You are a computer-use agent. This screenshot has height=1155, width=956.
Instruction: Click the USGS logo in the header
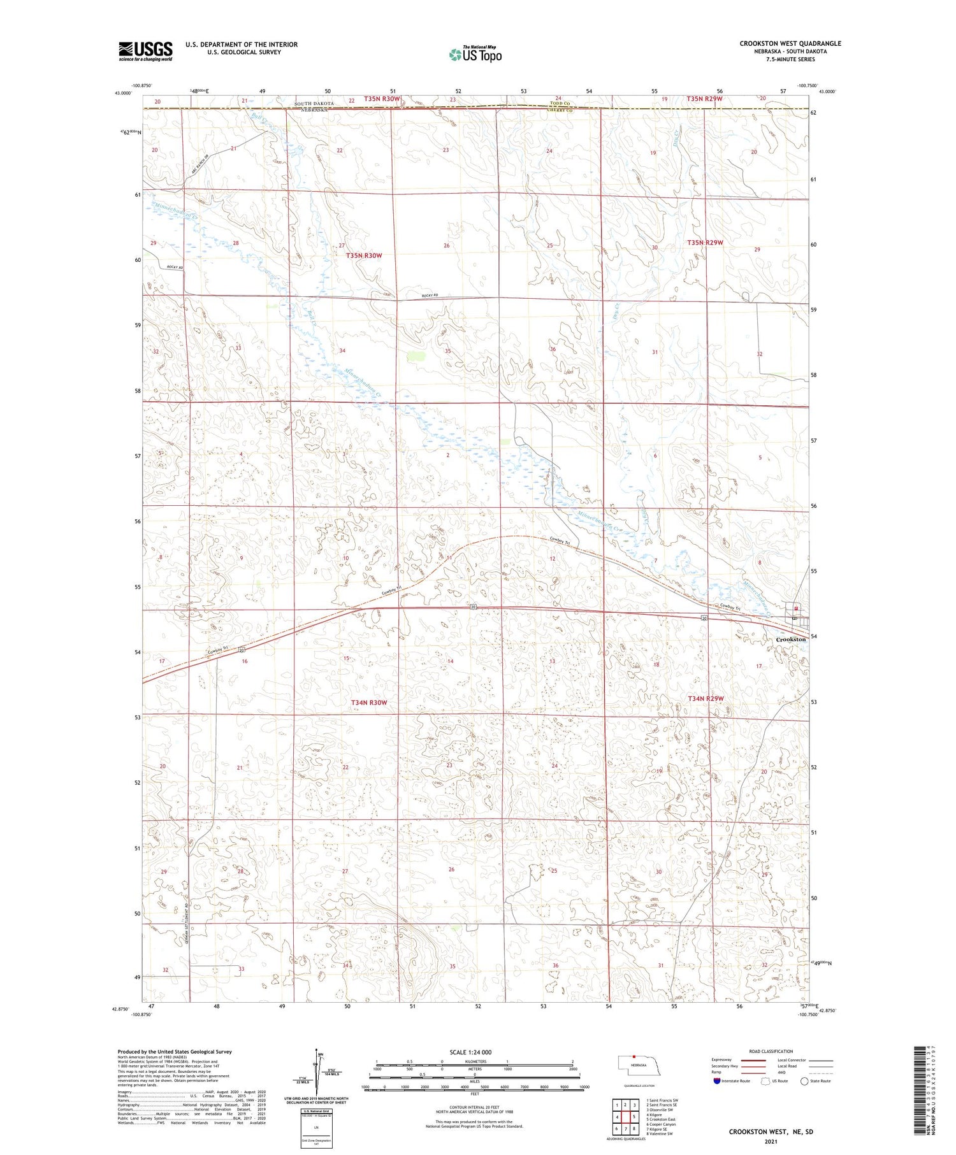(x=145, y=51)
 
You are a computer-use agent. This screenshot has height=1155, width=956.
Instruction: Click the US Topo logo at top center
(x=475, y=54)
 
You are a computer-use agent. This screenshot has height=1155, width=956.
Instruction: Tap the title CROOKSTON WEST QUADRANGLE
(x=790, y=43)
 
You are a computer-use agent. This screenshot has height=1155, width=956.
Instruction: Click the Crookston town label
(x=790, y=639)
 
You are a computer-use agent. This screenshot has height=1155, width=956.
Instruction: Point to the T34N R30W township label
(x=369, y=702)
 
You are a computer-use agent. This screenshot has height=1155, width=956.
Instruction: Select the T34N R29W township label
(x=706, y=698)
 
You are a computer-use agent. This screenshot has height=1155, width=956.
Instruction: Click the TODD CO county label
(x=560, y=103)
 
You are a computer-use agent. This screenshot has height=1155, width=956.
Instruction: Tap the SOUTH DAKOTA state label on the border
(x=314, y=103)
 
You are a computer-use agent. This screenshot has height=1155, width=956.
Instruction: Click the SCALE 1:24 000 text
(x=470, y=1052)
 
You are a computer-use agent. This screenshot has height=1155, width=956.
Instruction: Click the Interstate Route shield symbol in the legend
(x=717, y=1081)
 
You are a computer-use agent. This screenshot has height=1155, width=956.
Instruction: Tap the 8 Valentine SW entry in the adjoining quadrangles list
(x=660, y=1134)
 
